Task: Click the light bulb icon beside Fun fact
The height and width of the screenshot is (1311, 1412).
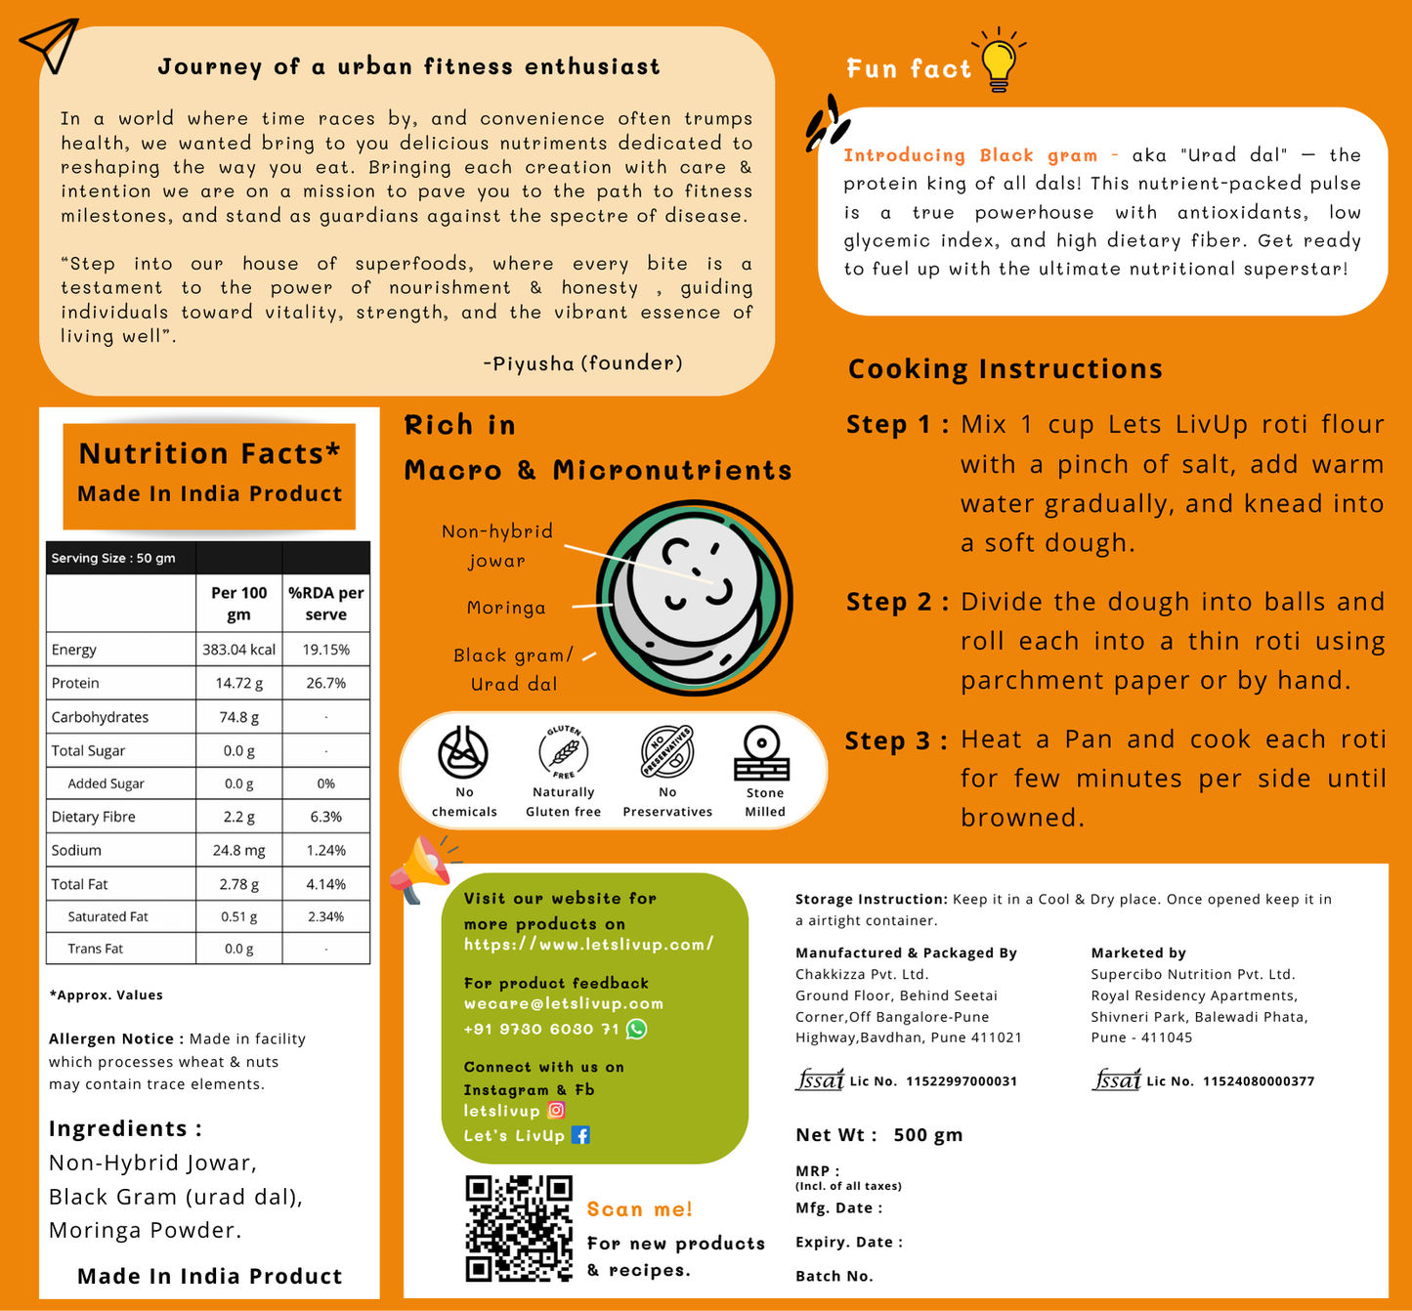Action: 999,62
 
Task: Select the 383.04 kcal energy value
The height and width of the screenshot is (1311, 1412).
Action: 238,650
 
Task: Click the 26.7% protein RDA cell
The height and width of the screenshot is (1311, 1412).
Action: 325,683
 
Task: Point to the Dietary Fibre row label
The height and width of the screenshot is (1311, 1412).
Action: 94,817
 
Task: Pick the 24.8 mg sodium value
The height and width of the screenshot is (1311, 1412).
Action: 238,850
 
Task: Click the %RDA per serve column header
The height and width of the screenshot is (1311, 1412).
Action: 325,604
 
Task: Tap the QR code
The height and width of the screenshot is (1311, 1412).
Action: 519,1228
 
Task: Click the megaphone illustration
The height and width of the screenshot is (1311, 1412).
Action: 420,867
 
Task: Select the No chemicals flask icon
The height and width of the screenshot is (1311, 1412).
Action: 463,753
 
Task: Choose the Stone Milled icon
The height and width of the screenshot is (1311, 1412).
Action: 761,753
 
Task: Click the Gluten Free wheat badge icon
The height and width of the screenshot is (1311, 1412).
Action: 564,753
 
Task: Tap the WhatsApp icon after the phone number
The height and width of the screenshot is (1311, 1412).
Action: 636,1029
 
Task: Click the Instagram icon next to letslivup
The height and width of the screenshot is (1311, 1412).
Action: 556,1110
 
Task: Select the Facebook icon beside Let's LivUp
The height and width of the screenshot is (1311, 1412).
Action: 580,1135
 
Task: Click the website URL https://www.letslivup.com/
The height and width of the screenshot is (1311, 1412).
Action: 588,945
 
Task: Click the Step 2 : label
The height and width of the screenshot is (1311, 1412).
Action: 897,603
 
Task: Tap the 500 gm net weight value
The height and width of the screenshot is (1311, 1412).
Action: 927,1135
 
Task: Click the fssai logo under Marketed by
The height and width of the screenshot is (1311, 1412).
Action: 1116,1080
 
